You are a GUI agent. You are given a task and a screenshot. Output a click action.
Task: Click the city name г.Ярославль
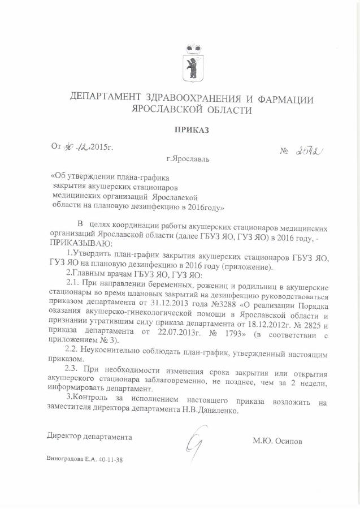pyautogui.click(x=188, y=159)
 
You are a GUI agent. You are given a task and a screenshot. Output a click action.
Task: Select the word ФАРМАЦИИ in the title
pyautogui.click(x=284, y=100)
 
